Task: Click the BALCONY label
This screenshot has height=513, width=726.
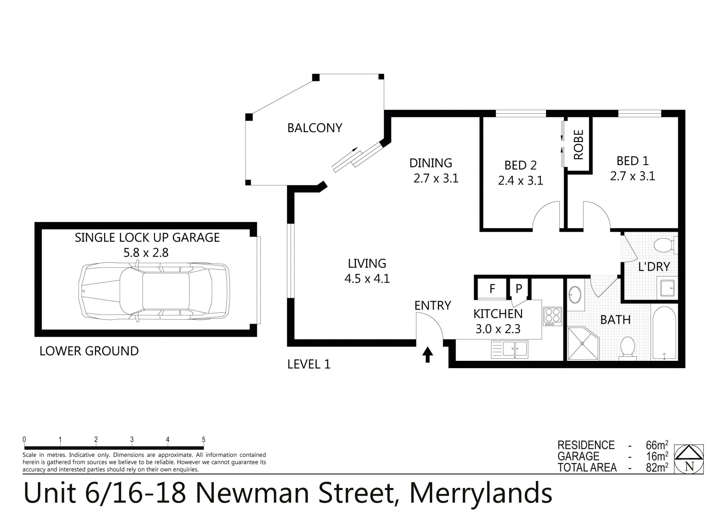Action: pyautogui.click(x=314, y=128)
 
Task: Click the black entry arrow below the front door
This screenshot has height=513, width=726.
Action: pyautogui.click(x=428, y=356)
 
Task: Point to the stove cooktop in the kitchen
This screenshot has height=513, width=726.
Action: pyautogui.click(x=552, y=316)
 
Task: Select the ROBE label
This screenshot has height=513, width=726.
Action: pyautogui.click(x=579, y=144)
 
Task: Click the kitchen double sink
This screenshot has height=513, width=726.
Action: pyautogui.click(x=509, y=349)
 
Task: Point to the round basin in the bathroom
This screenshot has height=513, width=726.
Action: pyautogui.click(x=575, y=294)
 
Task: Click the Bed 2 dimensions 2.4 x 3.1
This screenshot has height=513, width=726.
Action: pyautogui.click(x=521, y=180)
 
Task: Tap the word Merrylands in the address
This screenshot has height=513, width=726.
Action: pyautogui.click(x=481, y=493)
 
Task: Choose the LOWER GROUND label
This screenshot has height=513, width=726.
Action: pyautogui.click(x=89, y=351)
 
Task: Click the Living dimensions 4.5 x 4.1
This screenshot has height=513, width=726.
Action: pyautogui.click(x=367, y=278)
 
